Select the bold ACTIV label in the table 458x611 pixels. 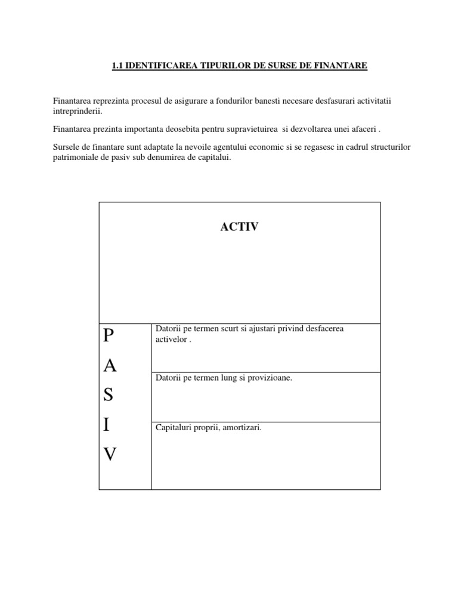point(240,227)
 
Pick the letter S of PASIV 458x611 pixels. point(107,396)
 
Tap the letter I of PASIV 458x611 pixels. point(106,425)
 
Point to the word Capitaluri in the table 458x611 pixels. point(172,428)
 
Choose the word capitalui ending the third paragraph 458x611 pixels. point(212,158)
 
